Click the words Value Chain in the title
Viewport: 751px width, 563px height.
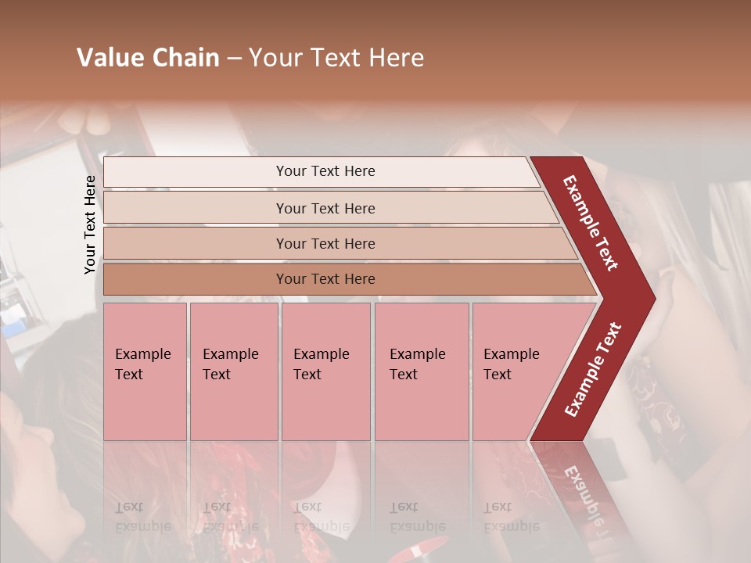click(x=148, y=58)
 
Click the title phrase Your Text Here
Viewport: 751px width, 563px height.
click(x=336, y=58)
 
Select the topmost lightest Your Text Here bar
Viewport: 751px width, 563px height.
click(x=325, y=171)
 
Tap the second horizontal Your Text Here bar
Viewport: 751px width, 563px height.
click(x=325, y=208)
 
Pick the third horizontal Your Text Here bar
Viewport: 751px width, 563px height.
click(x=325, y=243)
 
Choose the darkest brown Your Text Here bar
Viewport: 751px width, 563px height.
click(x=325, y=279)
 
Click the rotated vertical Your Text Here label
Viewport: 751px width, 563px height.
click(x=90, y=224)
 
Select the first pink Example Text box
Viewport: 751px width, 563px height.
click(x=145, y=371)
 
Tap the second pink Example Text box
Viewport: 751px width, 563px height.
click(x=233, y=371)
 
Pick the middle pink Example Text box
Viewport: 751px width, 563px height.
click(x=325, y=371)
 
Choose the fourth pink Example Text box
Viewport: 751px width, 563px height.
click(x=421, y=371)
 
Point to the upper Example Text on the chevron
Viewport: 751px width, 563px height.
click(x=591, y=223)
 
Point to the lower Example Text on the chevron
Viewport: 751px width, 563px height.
click(x=593, y=370)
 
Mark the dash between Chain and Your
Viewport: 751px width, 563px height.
click(x=234, y=59)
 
